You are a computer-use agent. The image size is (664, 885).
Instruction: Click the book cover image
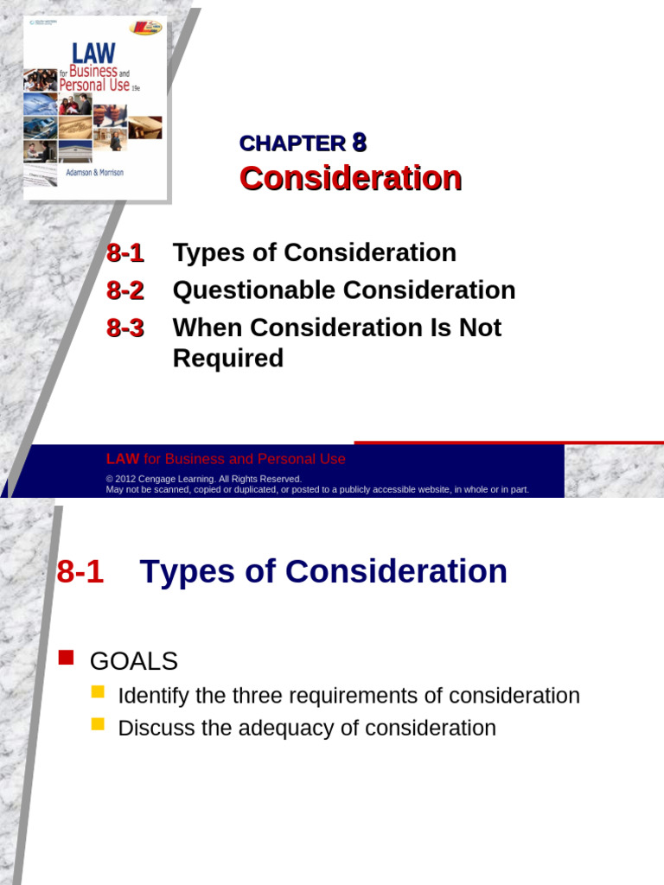pos(95,108)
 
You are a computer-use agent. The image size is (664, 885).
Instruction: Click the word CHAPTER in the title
pos(292,144)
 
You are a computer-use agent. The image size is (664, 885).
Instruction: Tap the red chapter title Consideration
pos(350,178)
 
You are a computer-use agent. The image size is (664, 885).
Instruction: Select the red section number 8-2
pos(125,290)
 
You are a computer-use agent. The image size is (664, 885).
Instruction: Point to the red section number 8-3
pos(125,328)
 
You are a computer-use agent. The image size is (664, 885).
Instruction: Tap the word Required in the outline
pos(228,358)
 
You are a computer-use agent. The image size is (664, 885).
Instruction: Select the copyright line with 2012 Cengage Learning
pos(204,479)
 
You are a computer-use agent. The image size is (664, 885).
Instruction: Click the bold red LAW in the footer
pos(122,459)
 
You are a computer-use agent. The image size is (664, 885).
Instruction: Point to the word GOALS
pos(134,662)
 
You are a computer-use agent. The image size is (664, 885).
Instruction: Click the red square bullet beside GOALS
pos(66,659)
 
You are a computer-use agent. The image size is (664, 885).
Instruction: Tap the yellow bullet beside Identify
pos(97,692)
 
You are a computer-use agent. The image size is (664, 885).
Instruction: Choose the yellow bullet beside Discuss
pos(97,724)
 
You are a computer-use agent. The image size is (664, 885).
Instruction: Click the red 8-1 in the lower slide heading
pos(80,572)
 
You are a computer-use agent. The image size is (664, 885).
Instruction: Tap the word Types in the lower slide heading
pos(186,572)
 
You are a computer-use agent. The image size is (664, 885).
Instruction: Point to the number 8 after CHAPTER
pos(361,143)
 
